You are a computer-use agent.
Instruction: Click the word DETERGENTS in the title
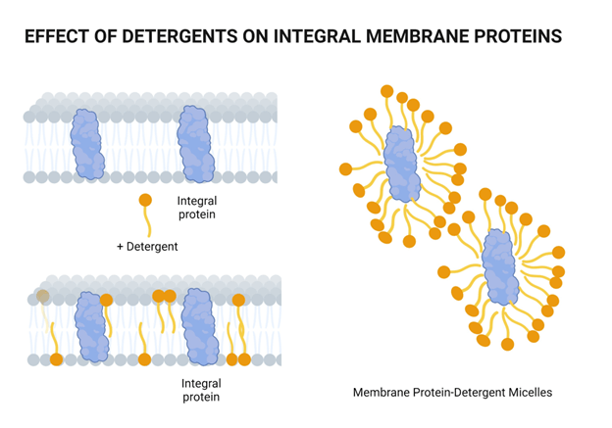coord(173,37)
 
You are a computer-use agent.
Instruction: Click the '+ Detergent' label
coord(147,247)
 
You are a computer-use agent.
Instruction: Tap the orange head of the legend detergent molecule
coord(145,201)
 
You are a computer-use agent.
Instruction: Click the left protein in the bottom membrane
coord(91,325)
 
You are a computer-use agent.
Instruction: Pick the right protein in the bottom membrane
coord(202,325)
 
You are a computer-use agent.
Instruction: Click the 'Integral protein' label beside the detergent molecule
coord(196,208)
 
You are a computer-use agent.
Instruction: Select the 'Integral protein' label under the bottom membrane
coord(200,391)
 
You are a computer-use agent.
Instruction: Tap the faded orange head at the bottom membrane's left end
coord(43,297)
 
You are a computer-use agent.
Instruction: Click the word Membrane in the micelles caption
coord(378,393)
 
